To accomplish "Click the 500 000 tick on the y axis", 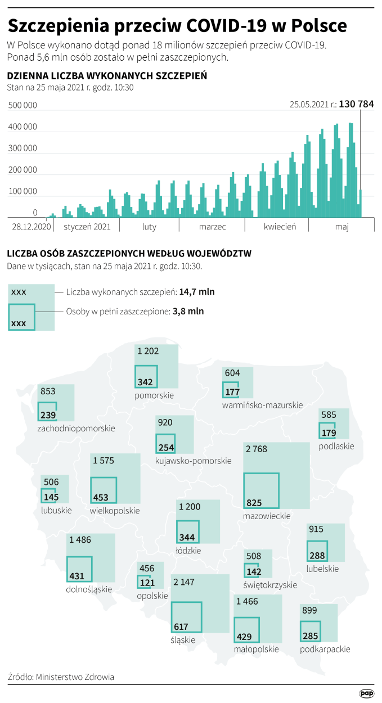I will pos(23,106).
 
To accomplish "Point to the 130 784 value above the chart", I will pos(357,104).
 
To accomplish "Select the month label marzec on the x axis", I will pos(212,227).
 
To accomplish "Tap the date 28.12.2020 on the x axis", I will pos(32,227).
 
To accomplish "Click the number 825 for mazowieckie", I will pos(254,502).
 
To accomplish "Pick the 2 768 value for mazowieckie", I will pos(256,449).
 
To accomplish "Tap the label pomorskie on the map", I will pos(154,395).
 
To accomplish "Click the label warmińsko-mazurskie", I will pos(262,405).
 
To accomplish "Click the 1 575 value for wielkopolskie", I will pos(104,461).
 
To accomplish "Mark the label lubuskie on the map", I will pos(56,510).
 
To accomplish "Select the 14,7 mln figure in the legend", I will pos(197,292).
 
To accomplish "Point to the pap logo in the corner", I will pos(366,694).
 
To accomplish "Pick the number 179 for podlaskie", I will pos(329,433).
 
